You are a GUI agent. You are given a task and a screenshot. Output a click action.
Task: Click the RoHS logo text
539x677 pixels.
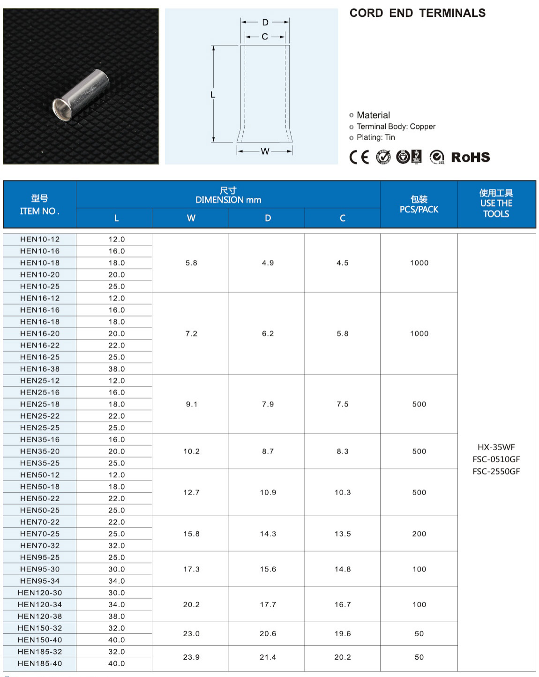tap(470, 157)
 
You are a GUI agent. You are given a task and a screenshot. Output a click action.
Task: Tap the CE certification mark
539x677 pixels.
tap(359, 157)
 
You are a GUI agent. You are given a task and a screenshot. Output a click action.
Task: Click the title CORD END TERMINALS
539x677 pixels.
tap(417, 13)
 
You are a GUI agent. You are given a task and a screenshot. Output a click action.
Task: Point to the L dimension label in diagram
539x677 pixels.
tap(213, 95)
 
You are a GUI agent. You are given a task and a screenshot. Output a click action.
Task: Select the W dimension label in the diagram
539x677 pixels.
tap(265, 151)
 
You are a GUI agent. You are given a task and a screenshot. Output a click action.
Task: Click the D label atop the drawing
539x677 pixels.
tap(265, 22)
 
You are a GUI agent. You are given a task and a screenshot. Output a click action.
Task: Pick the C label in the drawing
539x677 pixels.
tap(265, 37)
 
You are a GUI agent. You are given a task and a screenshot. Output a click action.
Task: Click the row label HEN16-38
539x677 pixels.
tap(40, 369)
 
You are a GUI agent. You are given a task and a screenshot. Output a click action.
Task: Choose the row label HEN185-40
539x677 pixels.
tap(40, 663)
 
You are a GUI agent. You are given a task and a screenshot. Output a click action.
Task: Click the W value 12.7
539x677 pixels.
tap(191, 492)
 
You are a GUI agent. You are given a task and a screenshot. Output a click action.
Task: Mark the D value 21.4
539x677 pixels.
tap(268, 657)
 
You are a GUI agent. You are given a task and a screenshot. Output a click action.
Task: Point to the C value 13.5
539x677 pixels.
tap(343, 534)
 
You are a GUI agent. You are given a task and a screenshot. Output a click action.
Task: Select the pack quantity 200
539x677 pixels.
tap(419, 534)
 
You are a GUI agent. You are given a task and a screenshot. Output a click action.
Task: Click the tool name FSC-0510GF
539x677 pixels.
tap(496, 459)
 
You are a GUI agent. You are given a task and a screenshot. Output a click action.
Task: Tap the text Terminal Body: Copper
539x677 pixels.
tap(396, 127)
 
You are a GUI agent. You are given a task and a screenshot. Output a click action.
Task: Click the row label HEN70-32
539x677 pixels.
tap(40, 545)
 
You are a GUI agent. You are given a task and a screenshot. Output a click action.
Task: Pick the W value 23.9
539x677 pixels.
tap(191, 657)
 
